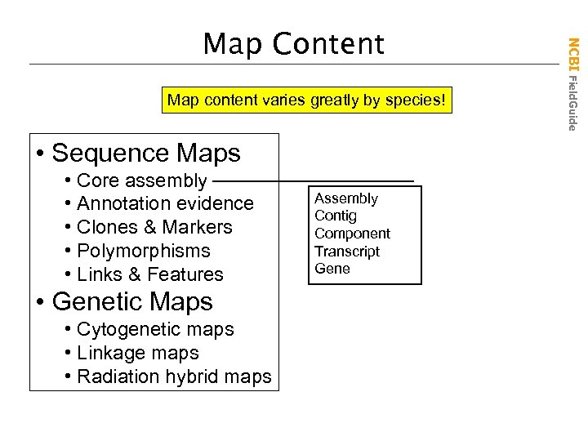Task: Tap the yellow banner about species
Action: [307, 101]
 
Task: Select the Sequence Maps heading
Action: [145, 153]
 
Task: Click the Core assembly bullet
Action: [141, 180]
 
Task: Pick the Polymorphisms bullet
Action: [143, 251]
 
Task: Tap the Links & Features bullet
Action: [149, 274]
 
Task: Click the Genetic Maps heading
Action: [131, 301]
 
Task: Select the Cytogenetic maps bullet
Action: [155, 329]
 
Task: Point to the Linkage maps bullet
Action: [137, 353]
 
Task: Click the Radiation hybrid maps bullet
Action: [173, 376]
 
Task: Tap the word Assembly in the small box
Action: [346, 198]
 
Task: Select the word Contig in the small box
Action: [336, 216]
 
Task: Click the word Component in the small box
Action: [353, 234]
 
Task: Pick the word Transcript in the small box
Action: [347, 252]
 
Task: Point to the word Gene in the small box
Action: [332, 269]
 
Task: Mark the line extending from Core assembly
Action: [314, 180]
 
